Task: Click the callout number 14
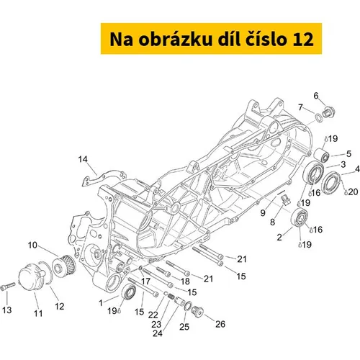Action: click(x=83, y=159)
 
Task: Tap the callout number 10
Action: click(x=32, y=246)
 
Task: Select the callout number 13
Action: click(x=7, y=310)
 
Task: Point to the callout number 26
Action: click(x=220, y=324)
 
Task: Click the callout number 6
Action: click(x=316, y=96)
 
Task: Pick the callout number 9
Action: click(x=263, y=212)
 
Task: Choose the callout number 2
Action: click(x=279, y=237)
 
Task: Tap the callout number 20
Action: click(x=353, y=192)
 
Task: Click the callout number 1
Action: click(x=101, y=303)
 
